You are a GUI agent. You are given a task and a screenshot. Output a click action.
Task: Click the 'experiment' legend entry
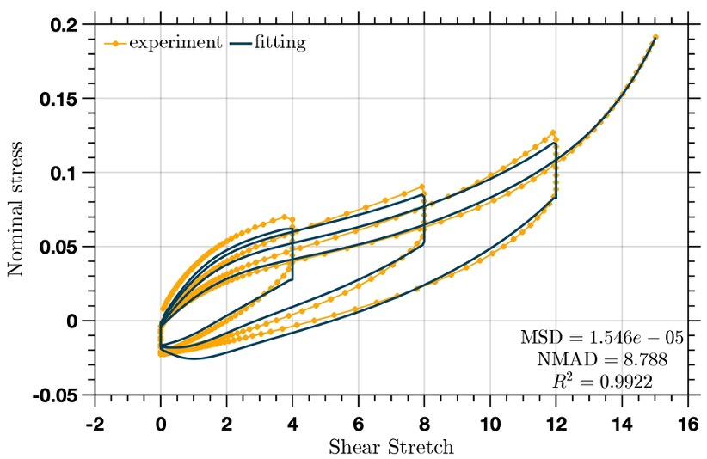coord(175,42)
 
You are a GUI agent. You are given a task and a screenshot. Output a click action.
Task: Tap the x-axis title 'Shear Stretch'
coord(391,447)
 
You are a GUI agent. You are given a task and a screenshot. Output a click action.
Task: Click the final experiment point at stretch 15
coord(655,37)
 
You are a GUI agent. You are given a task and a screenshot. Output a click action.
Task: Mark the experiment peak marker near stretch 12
coord(552,132)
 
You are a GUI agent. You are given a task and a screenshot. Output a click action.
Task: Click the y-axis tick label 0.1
coord(66,173)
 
